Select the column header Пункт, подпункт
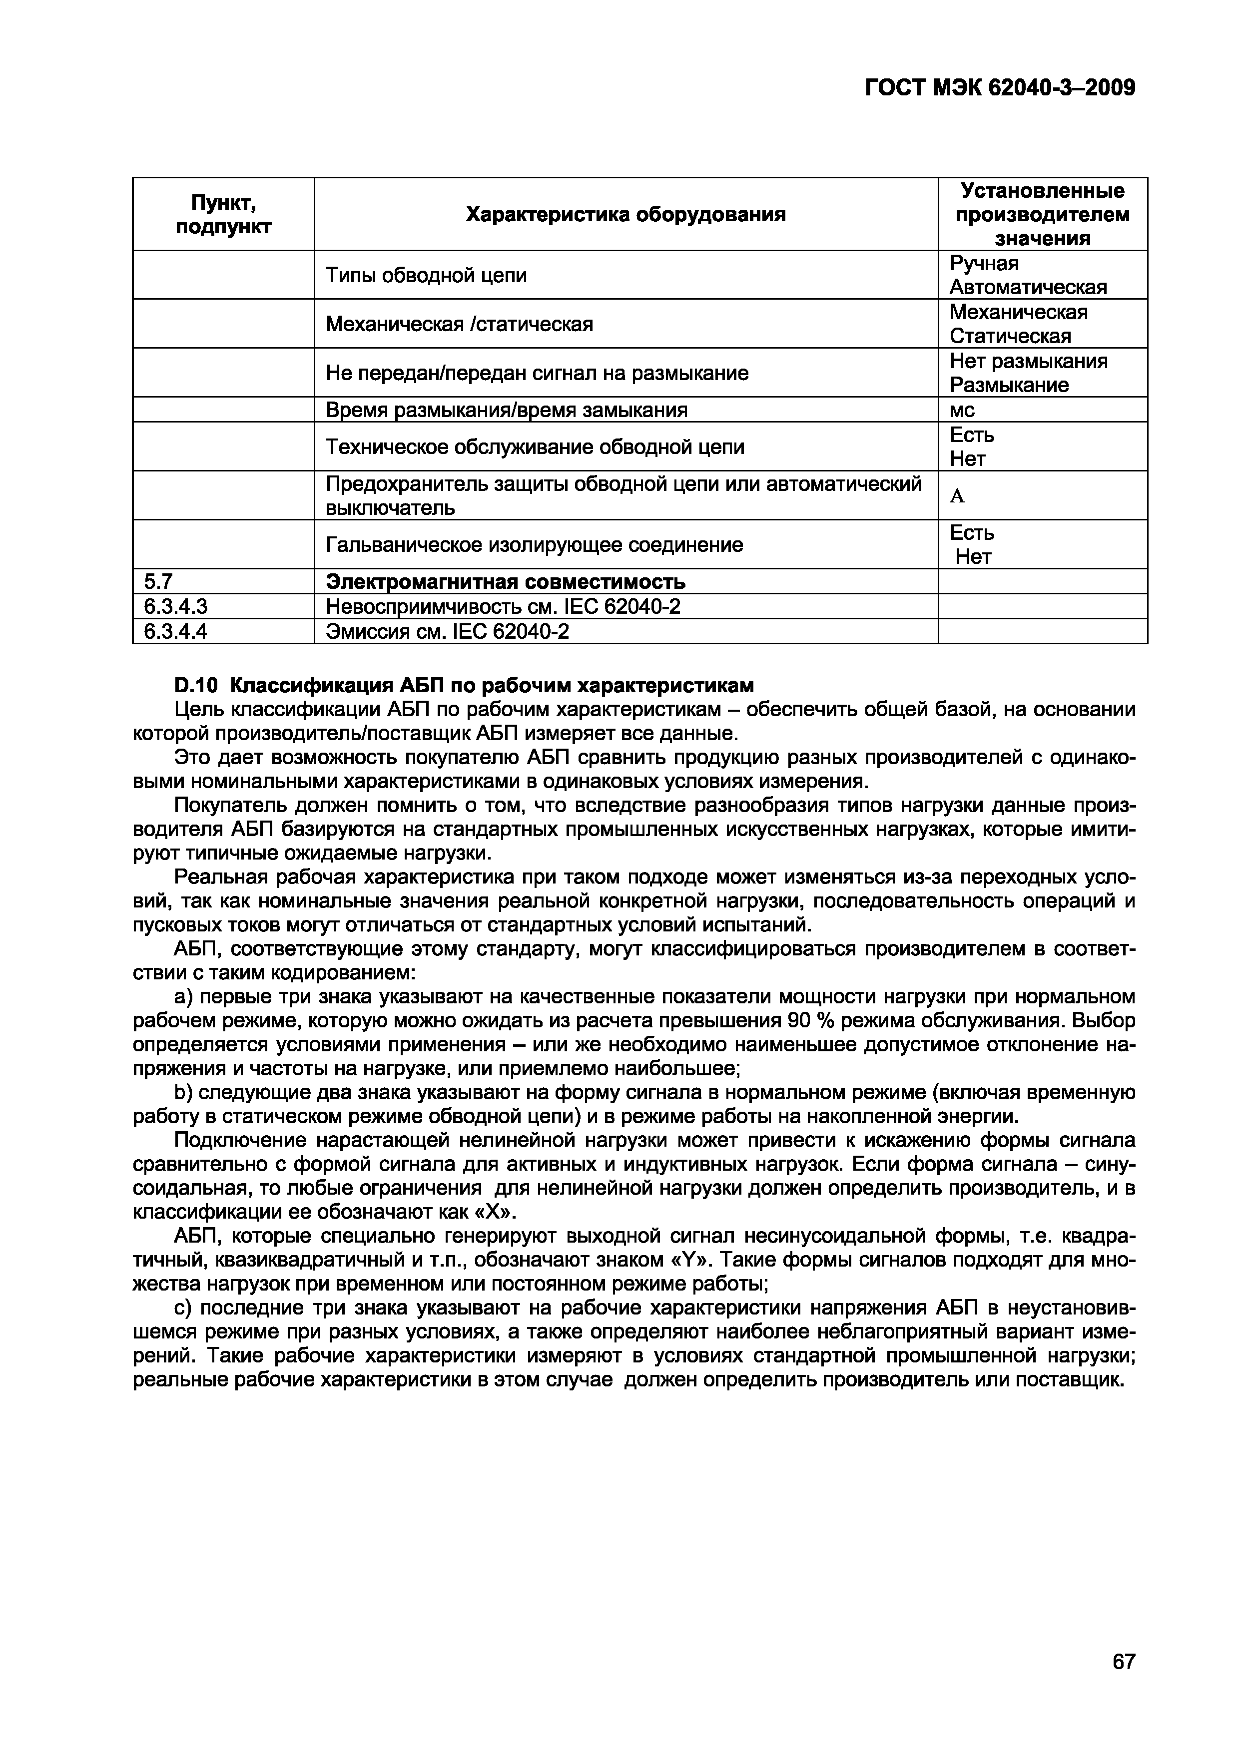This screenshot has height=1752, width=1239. pyautogui.click(x=223, y=214)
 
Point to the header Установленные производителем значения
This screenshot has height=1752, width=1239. pyautogui.click(x=1042, y=214)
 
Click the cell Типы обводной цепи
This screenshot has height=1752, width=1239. pyautogui.click(x=426, y=276)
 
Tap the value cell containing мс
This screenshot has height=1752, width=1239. pyautogui.click(x=963, y=410)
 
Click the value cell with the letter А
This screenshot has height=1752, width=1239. pyautogui.click(x=957, y=496)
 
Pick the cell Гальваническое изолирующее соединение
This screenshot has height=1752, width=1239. pyautogui.click(x=535, y=545)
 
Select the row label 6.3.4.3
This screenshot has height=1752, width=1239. pyautogui.click(x=175, y=607)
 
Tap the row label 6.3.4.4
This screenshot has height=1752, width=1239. pyautogui.click(x=175, y=631)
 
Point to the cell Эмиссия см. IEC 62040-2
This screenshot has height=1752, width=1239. pyautogui.click(x=447, y=631)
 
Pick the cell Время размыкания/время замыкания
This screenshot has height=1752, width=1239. pyautogui.click(x=506, y=410)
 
